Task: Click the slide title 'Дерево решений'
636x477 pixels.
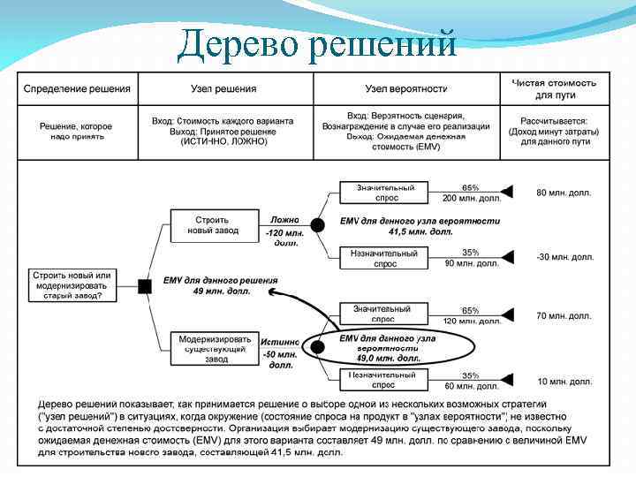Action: click(x=316, y=43)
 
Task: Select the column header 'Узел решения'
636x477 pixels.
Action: click(x=224, y=89)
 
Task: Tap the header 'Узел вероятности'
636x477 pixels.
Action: click(x=406, y=89)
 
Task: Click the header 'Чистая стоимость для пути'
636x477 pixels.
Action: click(x=554, y=88)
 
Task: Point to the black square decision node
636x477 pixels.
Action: click(x=144, y=284)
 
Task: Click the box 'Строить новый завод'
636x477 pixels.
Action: click(x=208, y=224)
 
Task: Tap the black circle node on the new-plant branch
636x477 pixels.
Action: click(x=318, y=224)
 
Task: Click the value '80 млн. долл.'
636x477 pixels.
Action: click(x=564, y=193)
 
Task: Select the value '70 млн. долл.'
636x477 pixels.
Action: click(x=564, y=315)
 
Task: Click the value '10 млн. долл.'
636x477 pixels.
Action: click(x=564, y=381)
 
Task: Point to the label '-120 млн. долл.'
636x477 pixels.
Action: click(x=284, y=238)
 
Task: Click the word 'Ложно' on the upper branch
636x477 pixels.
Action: click(x=284, y=219)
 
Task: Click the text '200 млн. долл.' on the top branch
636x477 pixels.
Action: click(x=472, y=199)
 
